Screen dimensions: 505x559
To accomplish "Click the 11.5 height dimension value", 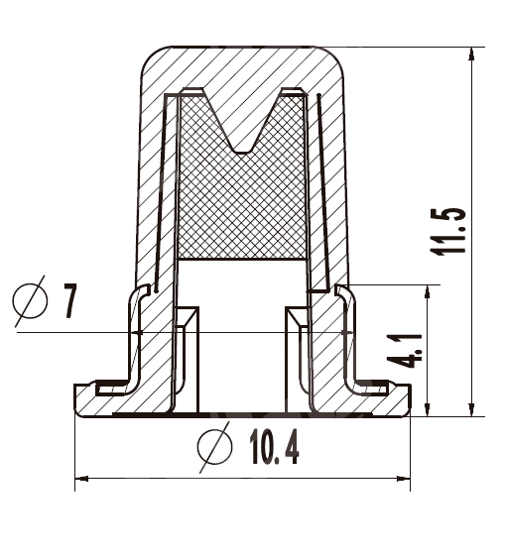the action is click(x=447, y=231).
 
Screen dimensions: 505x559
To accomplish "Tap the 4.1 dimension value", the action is click(x=405, y=351).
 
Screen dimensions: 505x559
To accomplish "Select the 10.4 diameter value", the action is click(x=275, y=446).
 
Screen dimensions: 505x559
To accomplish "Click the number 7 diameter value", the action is click(x=70, y=300).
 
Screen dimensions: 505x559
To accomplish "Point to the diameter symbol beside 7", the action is click(x=30, y=301).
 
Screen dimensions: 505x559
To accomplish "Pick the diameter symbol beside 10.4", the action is click(x=214, y=447).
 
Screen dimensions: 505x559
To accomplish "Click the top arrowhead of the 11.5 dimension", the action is click(x=471, y=54).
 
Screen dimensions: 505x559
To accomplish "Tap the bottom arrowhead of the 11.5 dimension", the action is click(x=471, y=409).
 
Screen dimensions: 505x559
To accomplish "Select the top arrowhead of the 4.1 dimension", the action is click(x=427, y=292).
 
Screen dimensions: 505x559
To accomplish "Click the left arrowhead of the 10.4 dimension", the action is click(x=81, y=479).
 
